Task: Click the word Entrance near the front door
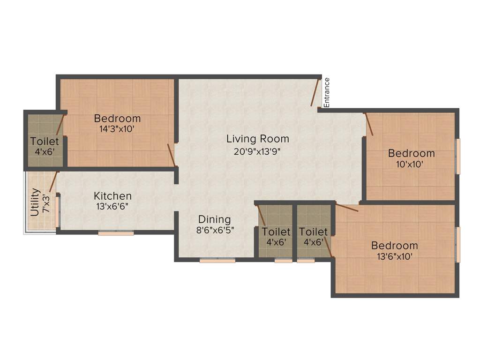click(327, 92)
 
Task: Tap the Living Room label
click(257, 139)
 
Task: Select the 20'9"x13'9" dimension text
click(257, 151)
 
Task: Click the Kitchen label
click(112, 196)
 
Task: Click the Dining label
click(214, 219)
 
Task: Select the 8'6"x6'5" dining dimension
click(216, 230)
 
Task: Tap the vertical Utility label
click(35, 202)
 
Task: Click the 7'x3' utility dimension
click(46, 202)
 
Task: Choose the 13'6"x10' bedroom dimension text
click(394, 256)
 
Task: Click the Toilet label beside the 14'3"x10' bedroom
click(45, 141)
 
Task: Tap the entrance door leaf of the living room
click(315, 92)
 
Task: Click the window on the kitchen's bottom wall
click(116, 233)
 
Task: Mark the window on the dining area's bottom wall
click(217, 261)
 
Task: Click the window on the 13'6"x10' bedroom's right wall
click(458, 245)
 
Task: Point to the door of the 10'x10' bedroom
click(369, 124)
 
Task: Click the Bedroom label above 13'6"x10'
click(394, 246)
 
